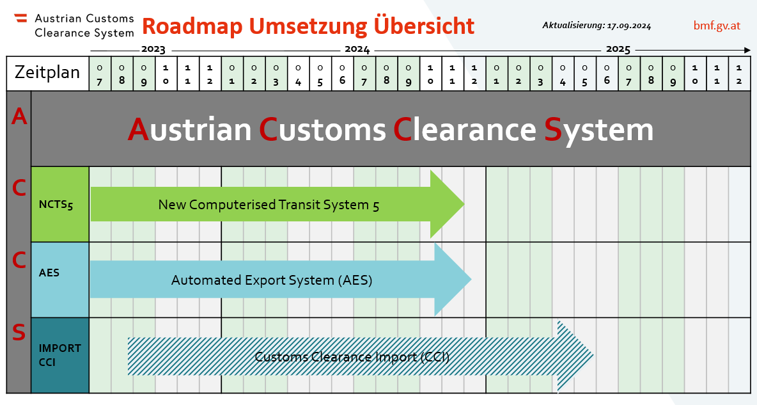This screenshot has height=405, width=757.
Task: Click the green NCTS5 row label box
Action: [60, 204]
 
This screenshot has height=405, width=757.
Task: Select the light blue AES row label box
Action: [60, 279]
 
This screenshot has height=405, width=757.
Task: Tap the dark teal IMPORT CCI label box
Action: [60, 354]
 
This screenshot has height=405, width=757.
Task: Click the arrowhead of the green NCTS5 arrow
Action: [448, 204]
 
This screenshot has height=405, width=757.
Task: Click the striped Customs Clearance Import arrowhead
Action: [575, 356]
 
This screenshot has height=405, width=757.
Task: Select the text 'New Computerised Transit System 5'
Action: [269, 205]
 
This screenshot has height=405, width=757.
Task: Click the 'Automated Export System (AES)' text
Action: [272, 280]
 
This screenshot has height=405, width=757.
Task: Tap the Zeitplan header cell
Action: [47, 72]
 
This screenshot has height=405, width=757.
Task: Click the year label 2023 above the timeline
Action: [153, 49]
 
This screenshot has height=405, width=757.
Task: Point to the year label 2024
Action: [357, 49]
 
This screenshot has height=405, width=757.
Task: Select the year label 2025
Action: [618, 49]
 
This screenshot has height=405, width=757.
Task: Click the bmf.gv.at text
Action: [717, 26]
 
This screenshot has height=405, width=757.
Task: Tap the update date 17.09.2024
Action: [629, 26]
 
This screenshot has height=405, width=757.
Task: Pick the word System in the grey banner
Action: [598, 130]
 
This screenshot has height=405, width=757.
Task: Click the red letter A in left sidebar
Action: [19, 117]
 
